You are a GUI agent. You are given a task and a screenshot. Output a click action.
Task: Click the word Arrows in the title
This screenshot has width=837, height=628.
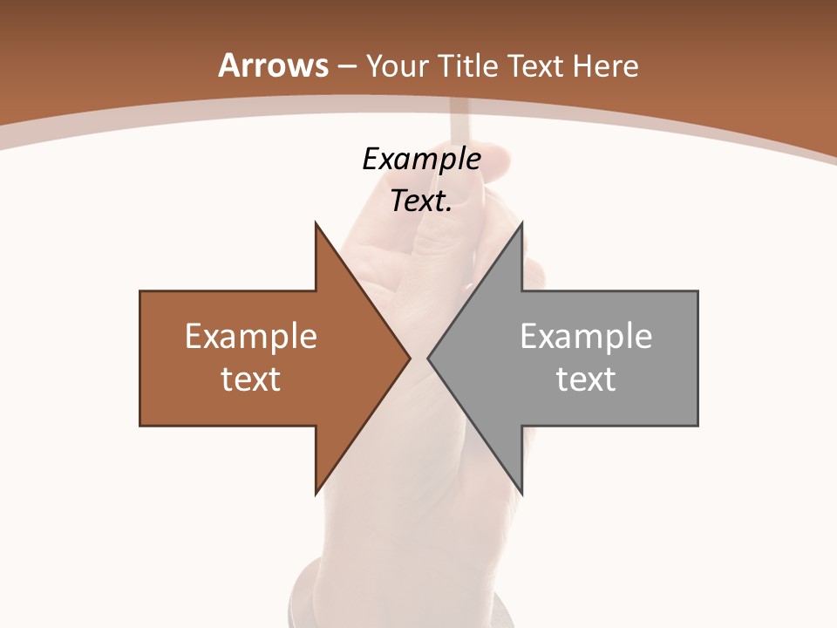pyautogui.click(x=273, y=65)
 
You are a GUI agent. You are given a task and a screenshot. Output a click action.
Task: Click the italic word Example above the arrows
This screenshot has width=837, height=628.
pyautogui.click(x=421, y=159)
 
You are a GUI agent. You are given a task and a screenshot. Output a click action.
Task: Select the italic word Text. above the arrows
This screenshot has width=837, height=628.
pyautogui.click(x=421, y=201)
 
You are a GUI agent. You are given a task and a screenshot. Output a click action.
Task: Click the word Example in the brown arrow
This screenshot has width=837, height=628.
pyautogui.click(x=251, y=336)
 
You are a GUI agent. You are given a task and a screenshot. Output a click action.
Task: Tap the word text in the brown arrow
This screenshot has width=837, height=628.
pyautogui.click(x=251, y=379)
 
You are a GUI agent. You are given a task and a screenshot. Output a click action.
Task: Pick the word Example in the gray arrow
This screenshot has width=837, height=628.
pyautogui.click(x=586, y=336)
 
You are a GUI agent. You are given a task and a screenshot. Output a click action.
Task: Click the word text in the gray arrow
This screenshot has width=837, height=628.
pyautogui.click(x=586, y=379)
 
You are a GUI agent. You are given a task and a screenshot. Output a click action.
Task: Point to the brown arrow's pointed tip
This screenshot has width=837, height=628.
pyautogui.click(x=410, y=358)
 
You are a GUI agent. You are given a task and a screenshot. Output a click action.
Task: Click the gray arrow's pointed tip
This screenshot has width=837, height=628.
pyautogui.click(x=428, y=358)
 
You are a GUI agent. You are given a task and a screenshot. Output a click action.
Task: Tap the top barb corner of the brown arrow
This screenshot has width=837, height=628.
pyautogui.click(x=316, y=223)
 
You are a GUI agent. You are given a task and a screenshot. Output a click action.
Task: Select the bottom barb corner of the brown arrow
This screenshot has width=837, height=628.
pyautogui.click(x=316, y=493)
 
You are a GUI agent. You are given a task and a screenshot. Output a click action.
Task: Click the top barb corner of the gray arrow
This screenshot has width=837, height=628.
pyautogui.click(x=522, y=223)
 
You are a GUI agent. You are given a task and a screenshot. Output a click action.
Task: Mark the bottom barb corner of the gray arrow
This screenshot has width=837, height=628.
pyautogui.click(x=522, y=493)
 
